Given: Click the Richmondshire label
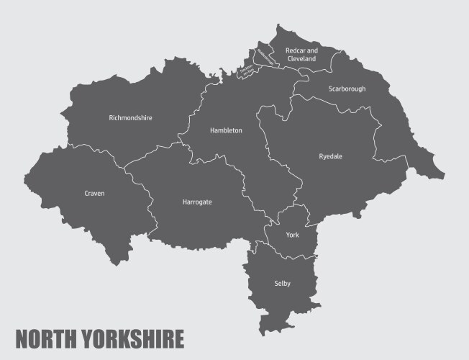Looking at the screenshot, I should (x=130, y=117).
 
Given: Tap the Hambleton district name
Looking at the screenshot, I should (x=226, y=130).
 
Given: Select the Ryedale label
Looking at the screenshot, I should (x=331, y=156).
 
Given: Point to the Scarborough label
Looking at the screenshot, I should (x=347, y=89).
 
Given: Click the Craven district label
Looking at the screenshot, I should (x=94, y=194).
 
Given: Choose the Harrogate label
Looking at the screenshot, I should (x=197, y=202).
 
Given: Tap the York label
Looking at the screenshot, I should (x=292, y=235).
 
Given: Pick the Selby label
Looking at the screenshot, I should (x=282, y=284).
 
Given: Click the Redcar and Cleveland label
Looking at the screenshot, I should (x=301, y=55).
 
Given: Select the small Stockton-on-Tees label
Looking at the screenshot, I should (x=247, y=70).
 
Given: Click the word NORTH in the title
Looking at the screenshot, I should (x=48, y=338).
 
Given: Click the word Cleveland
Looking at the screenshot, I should (x=301, y=59).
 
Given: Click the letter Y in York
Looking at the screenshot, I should (x=287, y=235).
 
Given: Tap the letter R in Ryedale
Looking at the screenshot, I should (x=321, y=156).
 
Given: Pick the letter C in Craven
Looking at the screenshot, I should (x=86, y=194).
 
